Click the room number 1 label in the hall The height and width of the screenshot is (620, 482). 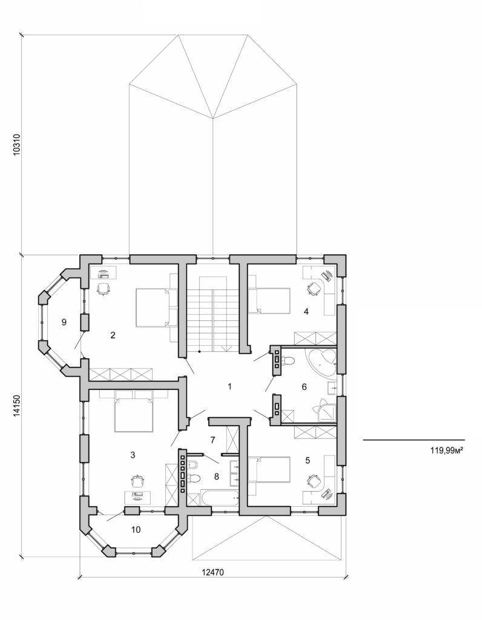[229, 386]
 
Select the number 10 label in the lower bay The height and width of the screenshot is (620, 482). [136, 529]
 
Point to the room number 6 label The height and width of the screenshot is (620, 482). [304, 386]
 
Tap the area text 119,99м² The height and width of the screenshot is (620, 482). [446, 450]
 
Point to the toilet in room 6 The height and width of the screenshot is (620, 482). [288, 363]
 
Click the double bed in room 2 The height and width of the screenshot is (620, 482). [151, 308]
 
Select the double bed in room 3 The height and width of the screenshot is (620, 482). [133, 412]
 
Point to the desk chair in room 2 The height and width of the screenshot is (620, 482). [105, 288]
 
